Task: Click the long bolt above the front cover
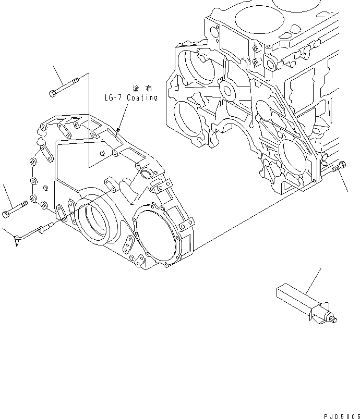click(65, 85)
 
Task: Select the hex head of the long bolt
click(52, 93)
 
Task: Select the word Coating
click(141, 97)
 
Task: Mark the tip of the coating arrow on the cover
click(119, 129)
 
